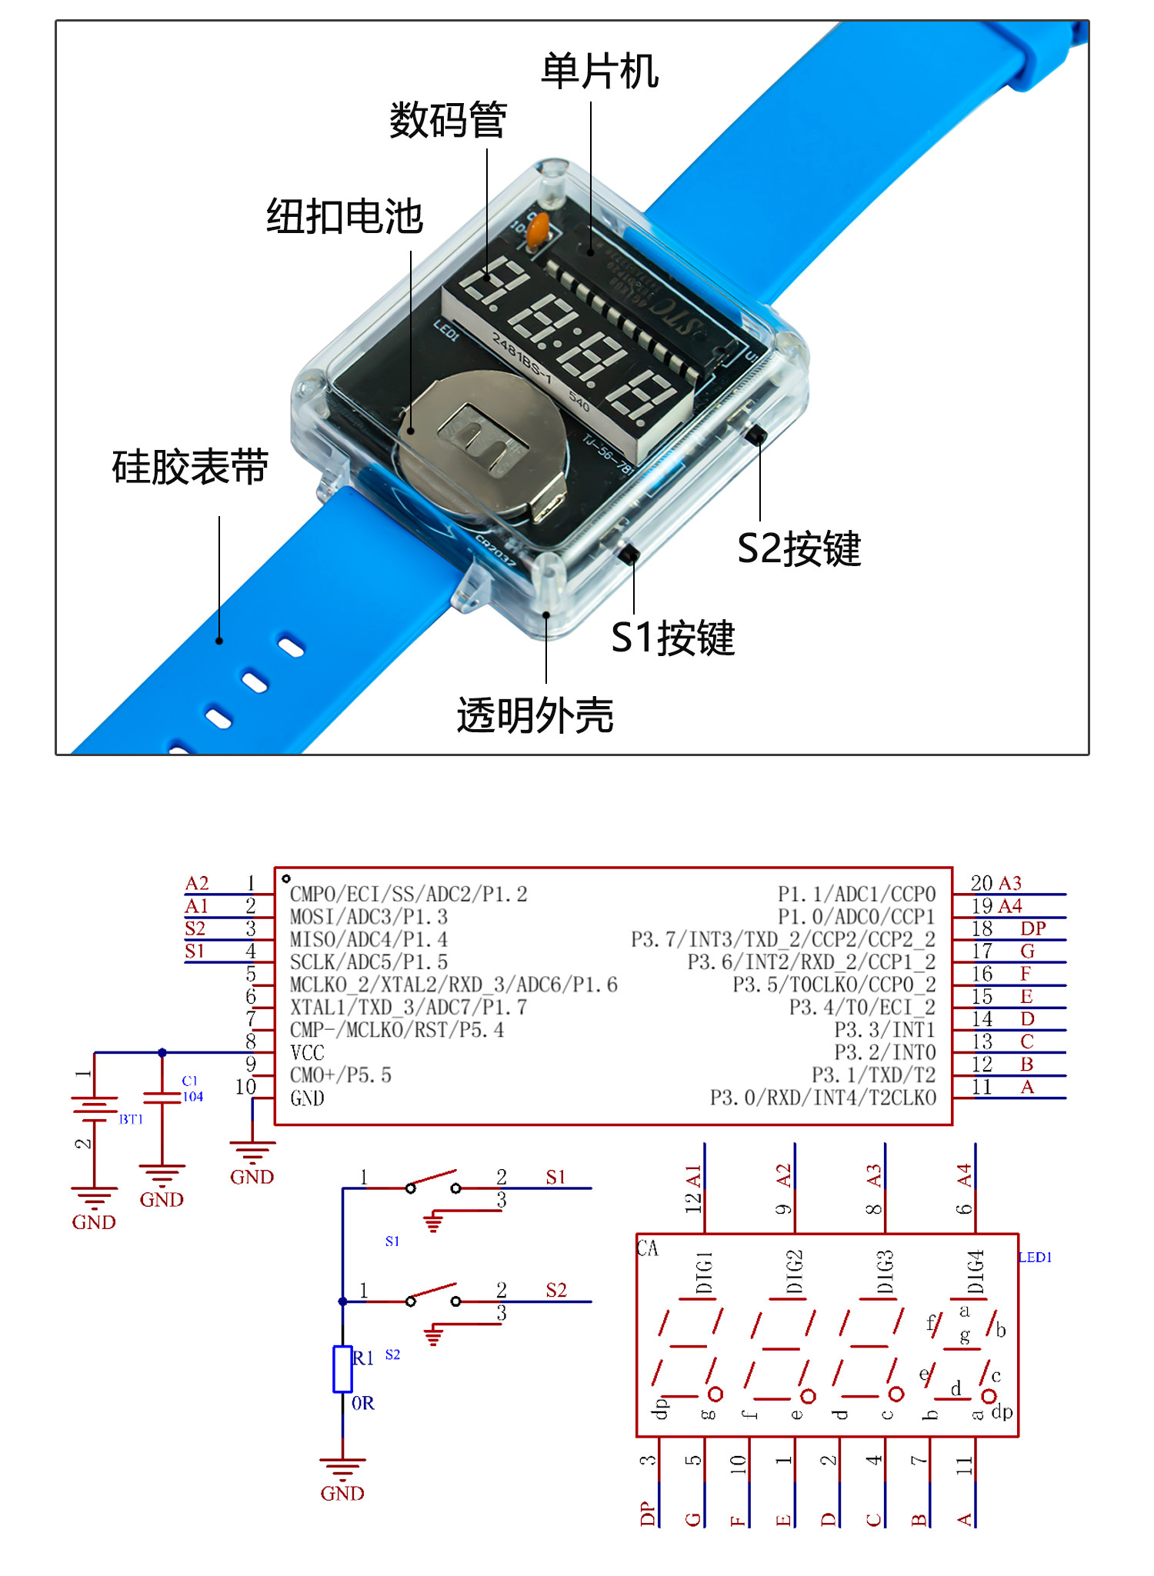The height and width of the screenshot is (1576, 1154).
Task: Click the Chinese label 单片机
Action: [x=599, y=72]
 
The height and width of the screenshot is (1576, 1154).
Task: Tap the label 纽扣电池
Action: [x=345, y=216]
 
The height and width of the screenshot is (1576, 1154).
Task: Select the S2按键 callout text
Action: [x=799, y=549]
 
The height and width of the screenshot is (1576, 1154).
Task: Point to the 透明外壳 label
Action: [x=535, y=715]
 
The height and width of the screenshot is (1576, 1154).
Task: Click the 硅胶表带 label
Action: [x=190, y=467]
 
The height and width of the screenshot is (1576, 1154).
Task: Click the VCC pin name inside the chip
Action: [x=307, y=1053]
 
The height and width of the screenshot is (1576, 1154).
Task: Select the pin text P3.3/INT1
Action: [x=884, y=1030]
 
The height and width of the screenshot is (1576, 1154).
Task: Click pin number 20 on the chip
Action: [x=981, y=883]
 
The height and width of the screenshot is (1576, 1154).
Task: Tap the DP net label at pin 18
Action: [x=1032, y=928]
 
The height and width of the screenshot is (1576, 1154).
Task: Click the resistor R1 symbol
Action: [x=342, y=1369]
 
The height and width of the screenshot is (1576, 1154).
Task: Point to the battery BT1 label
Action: [x=131, y=1119]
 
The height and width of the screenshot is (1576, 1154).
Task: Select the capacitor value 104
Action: [x=192, y=1097]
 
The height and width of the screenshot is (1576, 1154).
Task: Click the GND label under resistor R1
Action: [x=342, y=1494]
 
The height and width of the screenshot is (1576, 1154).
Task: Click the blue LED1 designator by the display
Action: [x=1035, y=1258]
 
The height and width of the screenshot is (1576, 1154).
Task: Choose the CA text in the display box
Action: [x=648, y=1248]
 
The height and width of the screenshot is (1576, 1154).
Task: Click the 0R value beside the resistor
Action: [x=363, y=1404]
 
